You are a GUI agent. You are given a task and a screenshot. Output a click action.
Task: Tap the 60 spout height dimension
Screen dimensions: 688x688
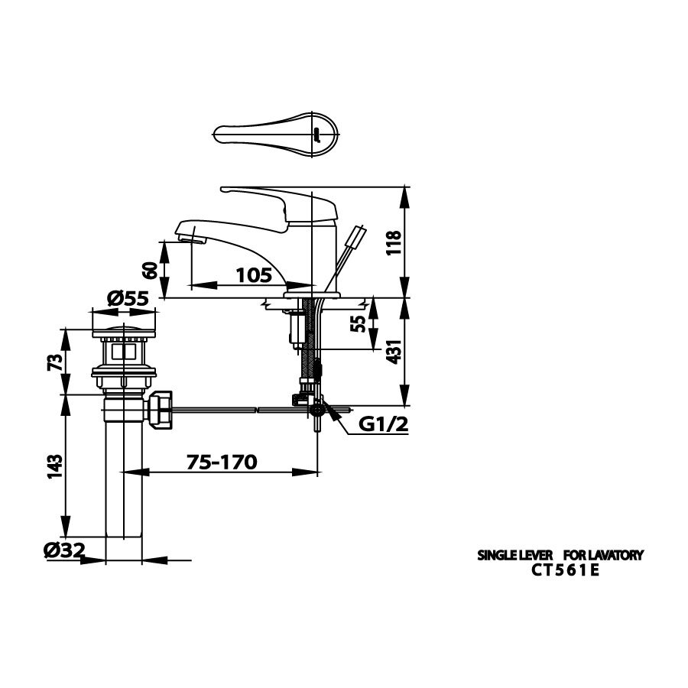pos(151,269)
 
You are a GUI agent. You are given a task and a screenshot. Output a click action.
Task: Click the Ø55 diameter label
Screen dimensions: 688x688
pos(127,299)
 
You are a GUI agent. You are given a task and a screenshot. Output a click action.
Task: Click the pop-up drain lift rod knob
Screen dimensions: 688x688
pos(356,236)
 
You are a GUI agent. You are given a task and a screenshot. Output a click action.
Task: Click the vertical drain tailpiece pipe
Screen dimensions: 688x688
pos(123,482)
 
